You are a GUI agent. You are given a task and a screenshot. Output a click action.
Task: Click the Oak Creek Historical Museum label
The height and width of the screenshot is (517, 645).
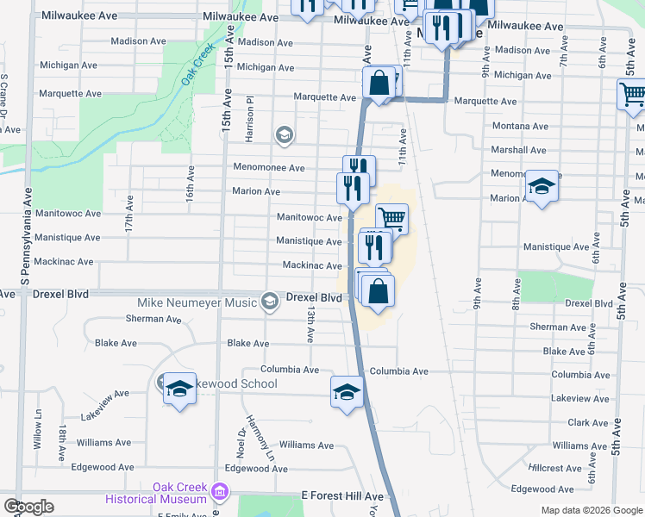pos(156,493)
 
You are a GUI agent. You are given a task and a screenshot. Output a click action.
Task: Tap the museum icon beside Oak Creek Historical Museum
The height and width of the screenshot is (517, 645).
pos(221,492)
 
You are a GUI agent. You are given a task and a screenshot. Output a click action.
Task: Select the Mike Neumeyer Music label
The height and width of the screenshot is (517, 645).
pos(197,302)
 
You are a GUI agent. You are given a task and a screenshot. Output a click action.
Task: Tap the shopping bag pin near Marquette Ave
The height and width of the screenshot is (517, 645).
pos(379,84)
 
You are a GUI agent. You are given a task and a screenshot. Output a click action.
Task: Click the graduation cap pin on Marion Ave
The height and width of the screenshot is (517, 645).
pos(541,186)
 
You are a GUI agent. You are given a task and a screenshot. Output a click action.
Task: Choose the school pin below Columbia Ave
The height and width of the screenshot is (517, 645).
pos(347,392)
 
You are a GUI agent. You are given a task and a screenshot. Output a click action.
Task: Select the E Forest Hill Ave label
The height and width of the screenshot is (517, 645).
pos(341,496)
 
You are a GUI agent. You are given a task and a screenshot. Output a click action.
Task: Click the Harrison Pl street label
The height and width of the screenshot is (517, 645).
pos(248,120)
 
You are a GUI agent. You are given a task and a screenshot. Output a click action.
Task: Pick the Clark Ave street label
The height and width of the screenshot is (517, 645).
pos(589,423)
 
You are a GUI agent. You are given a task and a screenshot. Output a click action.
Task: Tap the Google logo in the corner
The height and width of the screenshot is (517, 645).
pos(28,506)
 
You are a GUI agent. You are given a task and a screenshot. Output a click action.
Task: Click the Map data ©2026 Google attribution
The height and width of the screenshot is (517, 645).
pos(591,510)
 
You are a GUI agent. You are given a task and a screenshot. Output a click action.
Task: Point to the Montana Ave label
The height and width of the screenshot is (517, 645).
pos(520,126)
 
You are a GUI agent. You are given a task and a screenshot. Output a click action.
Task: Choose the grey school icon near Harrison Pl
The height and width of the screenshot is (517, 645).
pos(284,134)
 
